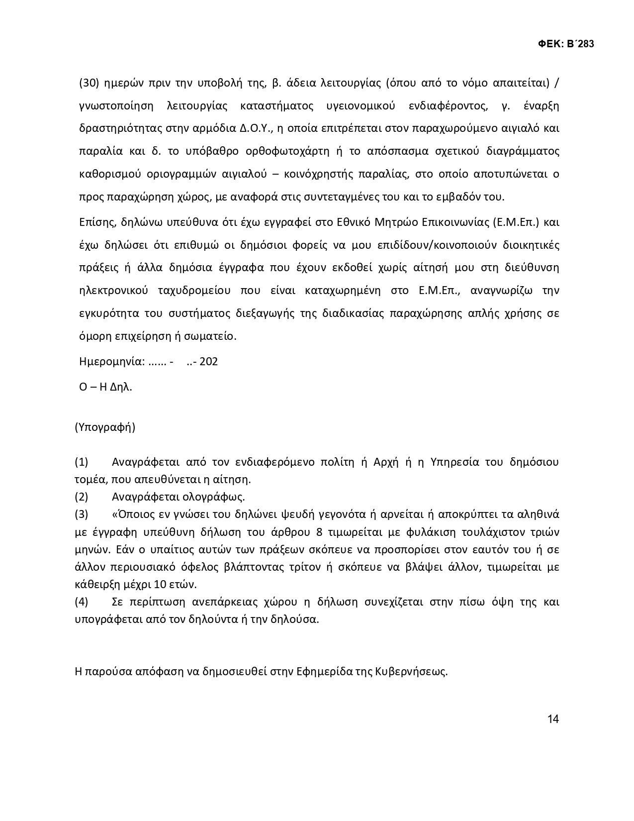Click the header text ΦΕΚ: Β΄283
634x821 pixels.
click(x=566, y=44)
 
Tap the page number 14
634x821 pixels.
click(x=553, y=719)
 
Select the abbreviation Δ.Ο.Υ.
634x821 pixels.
click(x=256, y=128)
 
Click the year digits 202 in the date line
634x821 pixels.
click(x=208, y=361)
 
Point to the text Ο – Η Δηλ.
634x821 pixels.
click(x=105, y=387)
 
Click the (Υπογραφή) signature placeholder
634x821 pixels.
click(x=105, y=427)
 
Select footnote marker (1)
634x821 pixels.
click(x=82, y=462)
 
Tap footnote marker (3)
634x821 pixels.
click(x=82, y=514)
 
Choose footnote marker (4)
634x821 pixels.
click(x=82, y=602)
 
